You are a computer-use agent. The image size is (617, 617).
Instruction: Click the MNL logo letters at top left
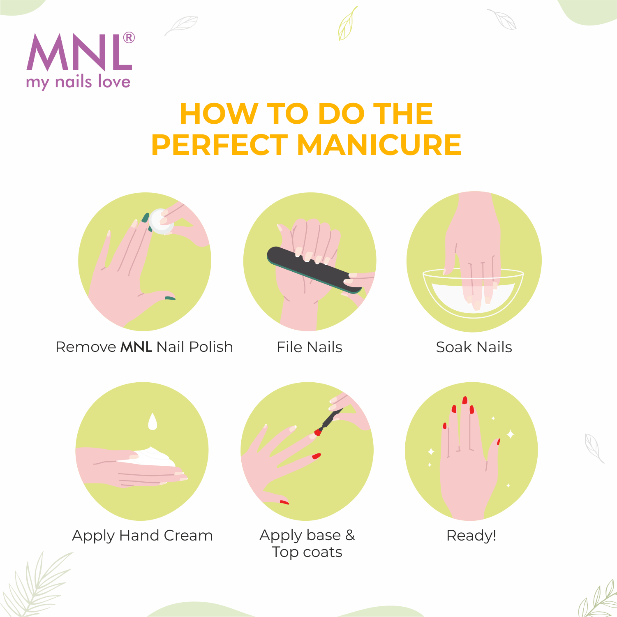(79, 52)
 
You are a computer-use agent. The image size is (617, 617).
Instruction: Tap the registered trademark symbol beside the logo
(129, 38)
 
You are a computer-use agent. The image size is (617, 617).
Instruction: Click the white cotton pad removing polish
(161, 222)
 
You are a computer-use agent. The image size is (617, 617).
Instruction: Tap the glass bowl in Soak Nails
(473, 292)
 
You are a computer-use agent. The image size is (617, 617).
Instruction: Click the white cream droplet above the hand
(153, 422)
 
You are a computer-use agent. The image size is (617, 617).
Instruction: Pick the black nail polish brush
(329, 420)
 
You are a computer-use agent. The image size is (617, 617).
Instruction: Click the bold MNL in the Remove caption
(136, 347)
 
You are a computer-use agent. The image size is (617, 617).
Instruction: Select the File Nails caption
(310, 347)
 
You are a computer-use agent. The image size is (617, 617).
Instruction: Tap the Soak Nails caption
(474, 347)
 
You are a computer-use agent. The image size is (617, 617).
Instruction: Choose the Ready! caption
(471, 536)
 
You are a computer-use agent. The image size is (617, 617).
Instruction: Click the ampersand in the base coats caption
(350, 535)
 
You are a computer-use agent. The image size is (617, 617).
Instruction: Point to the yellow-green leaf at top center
(348, 23)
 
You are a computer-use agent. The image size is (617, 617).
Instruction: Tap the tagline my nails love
(78, 82)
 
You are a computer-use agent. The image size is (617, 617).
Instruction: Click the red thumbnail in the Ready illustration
(499, 442)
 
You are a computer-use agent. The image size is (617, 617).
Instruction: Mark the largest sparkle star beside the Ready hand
(510, 434)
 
